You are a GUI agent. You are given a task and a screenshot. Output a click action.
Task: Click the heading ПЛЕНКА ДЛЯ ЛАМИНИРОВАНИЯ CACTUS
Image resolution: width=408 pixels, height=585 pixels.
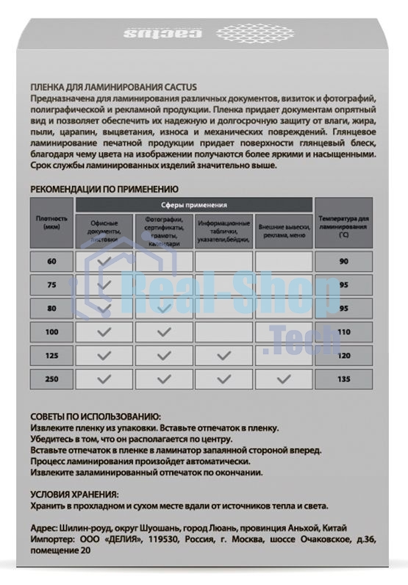[104, 87]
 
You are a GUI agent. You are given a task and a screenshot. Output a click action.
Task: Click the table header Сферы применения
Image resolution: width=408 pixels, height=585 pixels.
[193, 205]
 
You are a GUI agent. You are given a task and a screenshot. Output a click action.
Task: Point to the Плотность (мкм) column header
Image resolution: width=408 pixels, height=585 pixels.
[52, 223]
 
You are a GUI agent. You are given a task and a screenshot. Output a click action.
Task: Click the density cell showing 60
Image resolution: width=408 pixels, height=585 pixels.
[52, 261]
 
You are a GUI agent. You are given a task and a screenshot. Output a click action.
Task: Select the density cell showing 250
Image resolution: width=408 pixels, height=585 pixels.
[52, 379]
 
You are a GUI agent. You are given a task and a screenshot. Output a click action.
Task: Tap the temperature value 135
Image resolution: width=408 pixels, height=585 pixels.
[343, 379]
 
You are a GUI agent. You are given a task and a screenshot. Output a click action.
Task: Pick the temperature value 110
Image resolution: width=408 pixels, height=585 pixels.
[343, 332]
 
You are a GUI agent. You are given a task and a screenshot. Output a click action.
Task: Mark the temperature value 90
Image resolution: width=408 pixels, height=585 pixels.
[343, 261]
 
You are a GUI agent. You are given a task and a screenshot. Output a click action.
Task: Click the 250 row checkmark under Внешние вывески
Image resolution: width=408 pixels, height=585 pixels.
[284, 379]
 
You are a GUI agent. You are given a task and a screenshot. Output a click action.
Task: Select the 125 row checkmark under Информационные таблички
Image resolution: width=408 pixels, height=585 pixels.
[223, 356]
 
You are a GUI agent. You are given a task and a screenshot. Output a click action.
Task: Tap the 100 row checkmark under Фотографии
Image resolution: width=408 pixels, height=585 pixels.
[164, 332]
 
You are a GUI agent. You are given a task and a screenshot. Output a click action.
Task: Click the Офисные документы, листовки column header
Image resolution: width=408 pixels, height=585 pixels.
[104, 230]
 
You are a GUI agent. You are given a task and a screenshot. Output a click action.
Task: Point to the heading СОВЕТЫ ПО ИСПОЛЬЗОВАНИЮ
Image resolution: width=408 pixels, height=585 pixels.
[96, 416]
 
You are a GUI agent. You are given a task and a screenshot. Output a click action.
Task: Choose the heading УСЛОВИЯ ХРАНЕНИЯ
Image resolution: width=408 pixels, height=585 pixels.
[74, 495]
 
